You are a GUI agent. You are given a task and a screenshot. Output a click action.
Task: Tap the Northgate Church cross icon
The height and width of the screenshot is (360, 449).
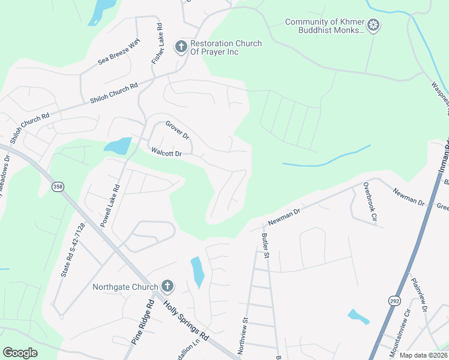click(x=167, y=286)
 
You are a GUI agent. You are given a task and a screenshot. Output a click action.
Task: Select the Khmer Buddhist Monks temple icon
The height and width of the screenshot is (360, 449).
click(x=374, y=26)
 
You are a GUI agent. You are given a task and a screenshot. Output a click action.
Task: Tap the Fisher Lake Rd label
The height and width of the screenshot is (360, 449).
click(x=158, y=44)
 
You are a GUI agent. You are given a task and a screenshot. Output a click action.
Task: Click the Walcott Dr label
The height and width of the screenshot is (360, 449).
click(x=166, y=153)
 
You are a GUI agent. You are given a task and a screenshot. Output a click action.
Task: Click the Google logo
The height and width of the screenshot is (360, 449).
click(x=20, y=353)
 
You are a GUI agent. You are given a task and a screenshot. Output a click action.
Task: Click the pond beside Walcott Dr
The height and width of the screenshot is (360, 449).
click(x=118, y=146)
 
